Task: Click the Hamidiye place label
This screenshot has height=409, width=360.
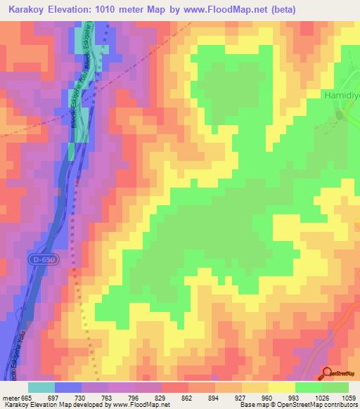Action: click(x=341, y=93)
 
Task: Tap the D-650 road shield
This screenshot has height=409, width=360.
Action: click(x=42, y=259)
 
